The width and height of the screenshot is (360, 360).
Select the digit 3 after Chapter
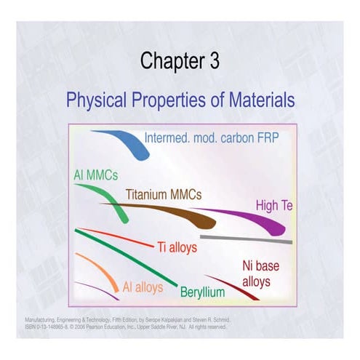[x=212, y=62]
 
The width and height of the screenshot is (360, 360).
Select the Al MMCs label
[x=95, y=175]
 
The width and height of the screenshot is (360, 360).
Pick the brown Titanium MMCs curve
[x=175, y=215]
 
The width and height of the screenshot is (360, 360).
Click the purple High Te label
[x=273, y=206]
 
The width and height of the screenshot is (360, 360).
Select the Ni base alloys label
[x=260, y=273]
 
